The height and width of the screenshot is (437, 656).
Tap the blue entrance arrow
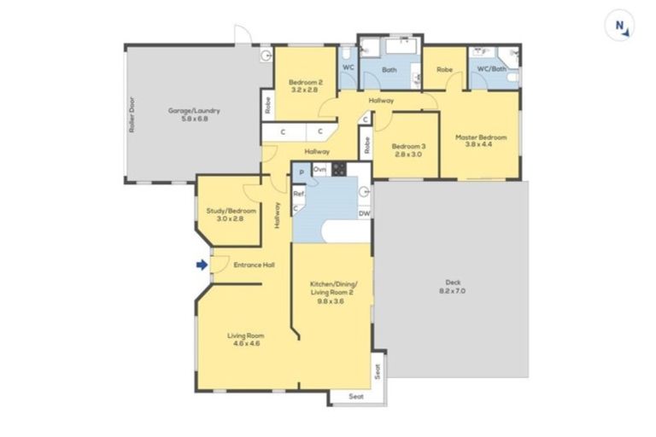coord(202,265)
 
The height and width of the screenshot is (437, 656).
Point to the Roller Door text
coord(134,113)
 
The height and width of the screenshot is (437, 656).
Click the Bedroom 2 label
coord(303,84)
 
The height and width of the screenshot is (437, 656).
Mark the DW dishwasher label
coord(364,213)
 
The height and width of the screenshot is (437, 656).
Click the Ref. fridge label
coord(299,194)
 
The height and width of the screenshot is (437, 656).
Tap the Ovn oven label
coord(319,170)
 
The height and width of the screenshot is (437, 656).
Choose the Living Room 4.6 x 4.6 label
coord(243,339)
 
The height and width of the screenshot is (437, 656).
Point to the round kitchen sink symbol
coord(364,191)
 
